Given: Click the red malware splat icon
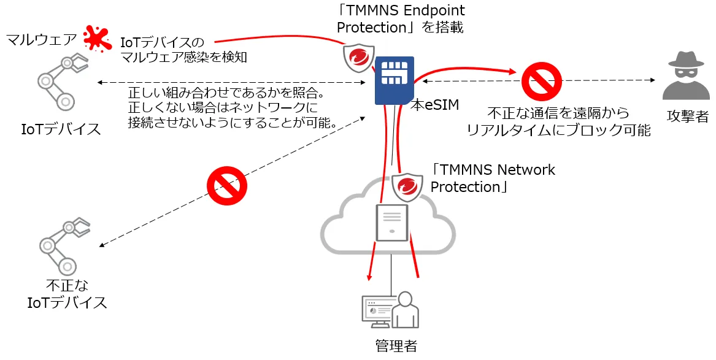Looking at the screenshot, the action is pyautogui.click(x=98, y=38).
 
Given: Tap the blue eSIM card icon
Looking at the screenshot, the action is pyautogui.click(x=395, y=80).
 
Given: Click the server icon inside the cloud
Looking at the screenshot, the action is pyautogui.click(x=392, y=223).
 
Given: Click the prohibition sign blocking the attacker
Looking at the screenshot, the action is pyautogui.click(x=542, y=81).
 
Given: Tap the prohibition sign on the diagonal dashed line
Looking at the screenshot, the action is pyautogui.click(x=227, y=186).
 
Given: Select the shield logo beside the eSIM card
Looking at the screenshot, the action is pyautogui.click(x=358, y=58).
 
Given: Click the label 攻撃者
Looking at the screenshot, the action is pyautogui.click(x=688, y=116).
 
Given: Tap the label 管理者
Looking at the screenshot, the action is pyautogui.click(x=396, y=345).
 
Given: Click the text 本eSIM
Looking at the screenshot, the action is pyautogui.click(x=435, y=105).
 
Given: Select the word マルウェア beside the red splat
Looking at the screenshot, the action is pyautogui.click(x=41, y=39).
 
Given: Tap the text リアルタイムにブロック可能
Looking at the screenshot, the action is pyautogui.click(x=558, y=130).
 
